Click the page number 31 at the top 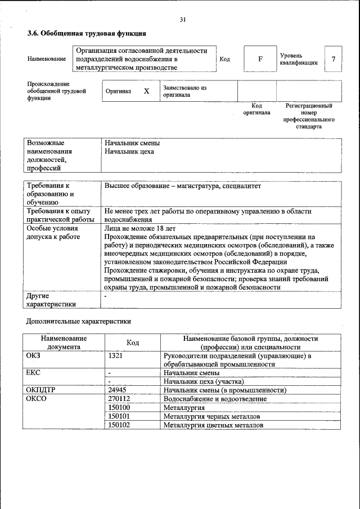click(x=183, y=20)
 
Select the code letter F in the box click(x=260, y=58)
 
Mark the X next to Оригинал click(x=146, y=91)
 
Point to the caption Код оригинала click(x=256, y=109)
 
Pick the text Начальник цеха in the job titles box click(x=129, y=151)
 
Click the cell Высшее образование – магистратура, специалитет click(x=183, y=186)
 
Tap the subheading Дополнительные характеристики click(x=79, y=322)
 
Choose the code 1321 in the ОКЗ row click(x=115, y=356)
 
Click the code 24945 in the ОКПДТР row click(x=116, y=390)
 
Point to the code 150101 click(x=119, y=416)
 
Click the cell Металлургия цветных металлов click(x=213, y=425)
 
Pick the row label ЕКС click(x=34, y=373)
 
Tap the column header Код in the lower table click(x=133, y=343)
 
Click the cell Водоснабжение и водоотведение click(x=215, y=399)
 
